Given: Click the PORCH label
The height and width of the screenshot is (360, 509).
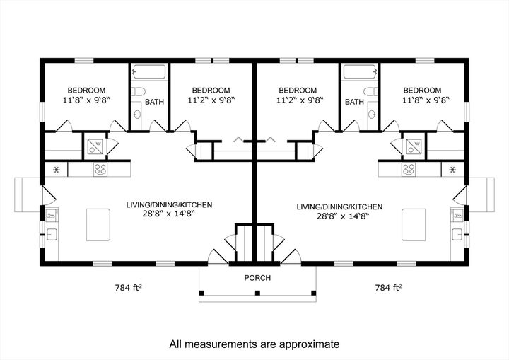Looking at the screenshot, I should [x=257, y=278].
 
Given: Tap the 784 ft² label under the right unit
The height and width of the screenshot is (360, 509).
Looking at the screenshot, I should [x=388, y=288].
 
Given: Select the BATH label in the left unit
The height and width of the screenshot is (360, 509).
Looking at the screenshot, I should [x=154, y=102].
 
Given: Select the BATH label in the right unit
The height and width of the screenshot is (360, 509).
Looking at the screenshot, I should [x=354, y=102].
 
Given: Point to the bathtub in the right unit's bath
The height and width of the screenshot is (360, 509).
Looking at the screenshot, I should [x=361, y=72].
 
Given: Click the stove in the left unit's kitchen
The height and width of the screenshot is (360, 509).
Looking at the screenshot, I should [x=100, y=170].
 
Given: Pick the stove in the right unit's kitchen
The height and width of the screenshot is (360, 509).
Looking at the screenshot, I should [x=408, y=170].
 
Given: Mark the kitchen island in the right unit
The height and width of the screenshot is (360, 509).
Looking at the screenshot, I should [x=414, y=226].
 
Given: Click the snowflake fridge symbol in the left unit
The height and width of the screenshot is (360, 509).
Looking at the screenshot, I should [x=56, y=170].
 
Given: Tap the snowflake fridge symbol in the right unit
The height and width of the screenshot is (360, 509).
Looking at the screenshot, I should [x=452, y=170].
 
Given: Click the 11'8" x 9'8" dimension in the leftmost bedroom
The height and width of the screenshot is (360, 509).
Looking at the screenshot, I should [x=86, y=101].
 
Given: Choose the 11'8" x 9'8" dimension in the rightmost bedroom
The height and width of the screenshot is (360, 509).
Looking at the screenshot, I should [x=422, y=101].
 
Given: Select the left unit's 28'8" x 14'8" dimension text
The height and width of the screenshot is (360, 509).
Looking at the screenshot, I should [x=169, y=214].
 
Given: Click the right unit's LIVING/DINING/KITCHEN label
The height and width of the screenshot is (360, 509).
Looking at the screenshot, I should [x=339, y=207].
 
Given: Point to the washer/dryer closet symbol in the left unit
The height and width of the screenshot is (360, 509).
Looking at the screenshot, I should [x=94, y=146].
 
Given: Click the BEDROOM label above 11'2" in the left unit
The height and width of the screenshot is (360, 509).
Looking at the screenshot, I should [x=211, y=91].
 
